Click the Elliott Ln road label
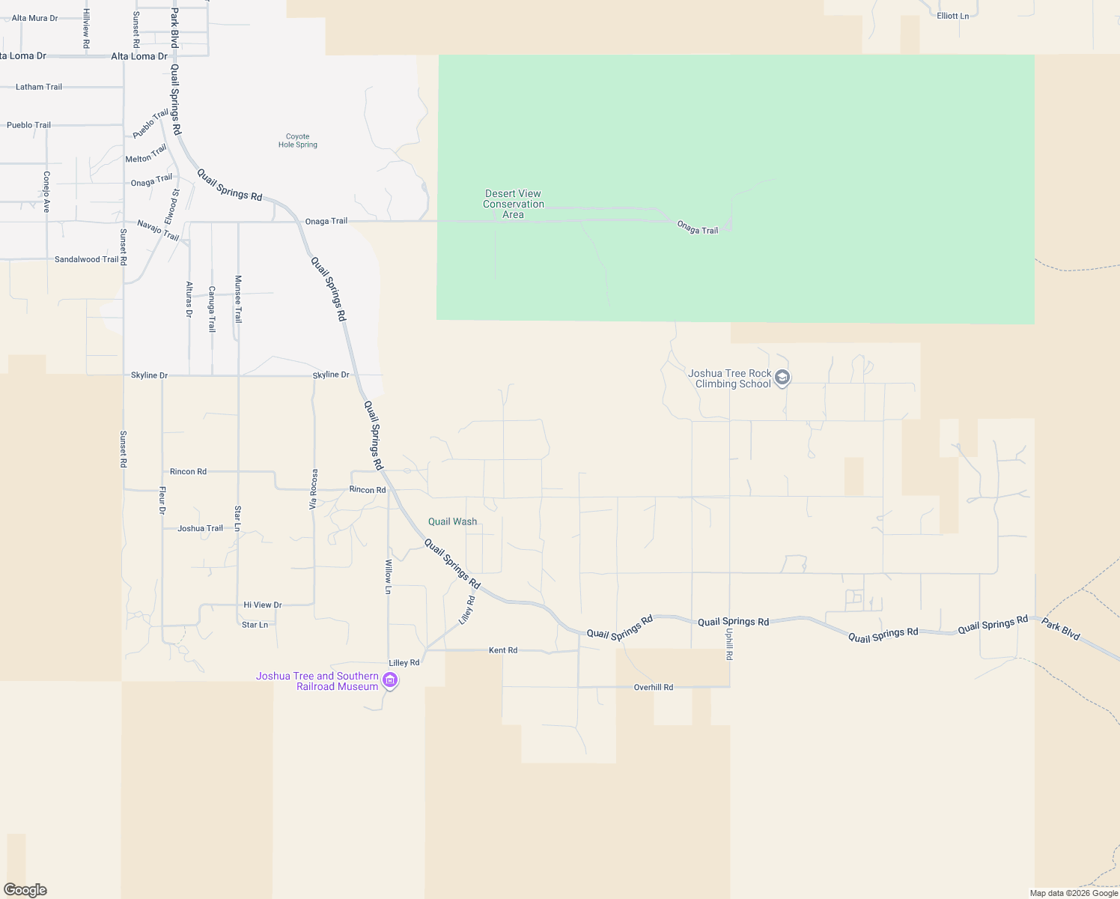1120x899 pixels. tap(952, 16)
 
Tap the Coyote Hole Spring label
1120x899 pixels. tap(298, 141)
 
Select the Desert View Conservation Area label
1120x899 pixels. tap(513, 204)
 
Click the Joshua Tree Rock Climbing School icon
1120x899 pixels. tap(782, 378)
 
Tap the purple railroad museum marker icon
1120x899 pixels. tap(389, 680)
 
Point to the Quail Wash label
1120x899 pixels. tap(452, 521)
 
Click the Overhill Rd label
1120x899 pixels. tap(653, 687)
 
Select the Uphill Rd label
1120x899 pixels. tap(729, 644)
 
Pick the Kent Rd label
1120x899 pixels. tap(502, 650)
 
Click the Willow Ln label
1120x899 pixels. tap(388, 576)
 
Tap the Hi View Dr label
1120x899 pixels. tap(262, 605)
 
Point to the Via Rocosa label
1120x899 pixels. tap(314, 488)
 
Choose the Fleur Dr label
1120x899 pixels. tap(162, 500)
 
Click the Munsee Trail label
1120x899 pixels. tap(238, 299)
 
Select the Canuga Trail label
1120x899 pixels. tap(212, 309)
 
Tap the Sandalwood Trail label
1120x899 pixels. tap(86, 259)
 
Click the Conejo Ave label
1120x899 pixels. tap(46, 191)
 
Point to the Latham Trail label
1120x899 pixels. tap(39, 87)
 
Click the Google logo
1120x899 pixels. tap(25, 890)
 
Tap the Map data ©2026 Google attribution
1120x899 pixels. tap(1074, 893)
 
